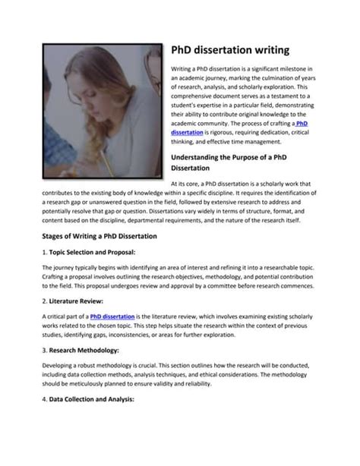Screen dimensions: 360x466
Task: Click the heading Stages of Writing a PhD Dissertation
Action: point(99,237)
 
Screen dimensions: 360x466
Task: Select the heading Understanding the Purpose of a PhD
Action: point(238,157)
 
